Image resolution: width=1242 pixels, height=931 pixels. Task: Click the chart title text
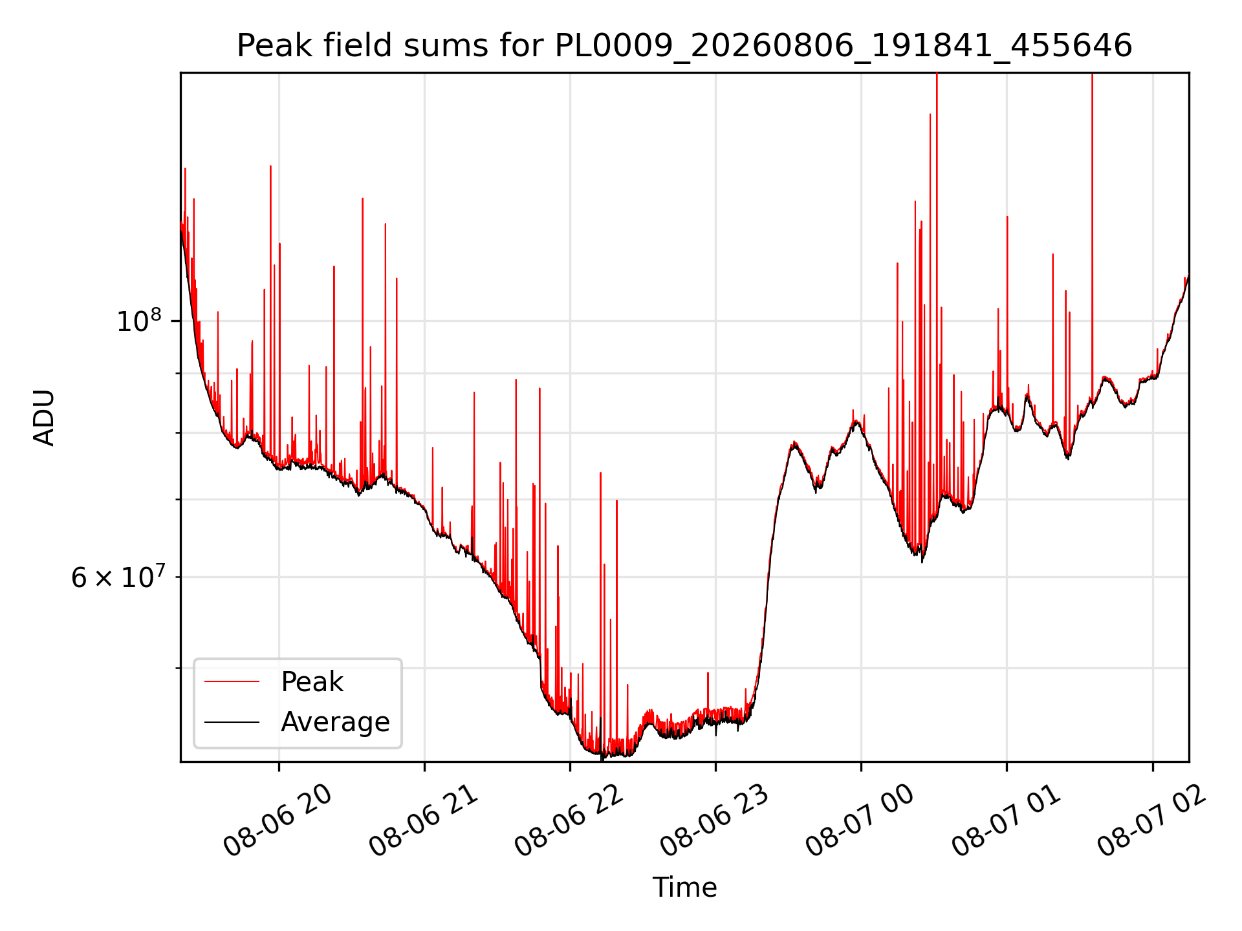coord(684,47)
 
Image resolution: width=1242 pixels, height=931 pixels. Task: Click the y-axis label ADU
coord(44,418)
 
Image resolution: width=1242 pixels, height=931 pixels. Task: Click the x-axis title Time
coord(684,887)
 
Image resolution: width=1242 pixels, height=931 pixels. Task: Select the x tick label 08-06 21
coord(424,821)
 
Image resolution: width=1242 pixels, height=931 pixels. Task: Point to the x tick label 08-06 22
coord(569,821)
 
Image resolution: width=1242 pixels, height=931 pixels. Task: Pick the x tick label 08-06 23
coord(715,821)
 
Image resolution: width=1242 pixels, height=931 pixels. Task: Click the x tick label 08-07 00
coord(860,821)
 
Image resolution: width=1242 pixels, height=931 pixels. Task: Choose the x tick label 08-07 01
coord(1006,821)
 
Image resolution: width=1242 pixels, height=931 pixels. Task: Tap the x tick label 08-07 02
coord(1151,821)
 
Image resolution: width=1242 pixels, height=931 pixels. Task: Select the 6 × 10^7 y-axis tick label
coord(118,577)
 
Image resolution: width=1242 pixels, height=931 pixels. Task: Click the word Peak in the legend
coord(312,682)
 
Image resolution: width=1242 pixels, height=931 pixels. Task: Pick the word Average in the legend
coord(335,722)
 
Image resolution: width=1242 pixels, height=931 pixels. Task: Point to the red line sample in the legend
coord(232,681)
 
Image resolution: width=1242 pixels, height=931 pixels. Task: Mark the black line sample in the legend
coord(232,722)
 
